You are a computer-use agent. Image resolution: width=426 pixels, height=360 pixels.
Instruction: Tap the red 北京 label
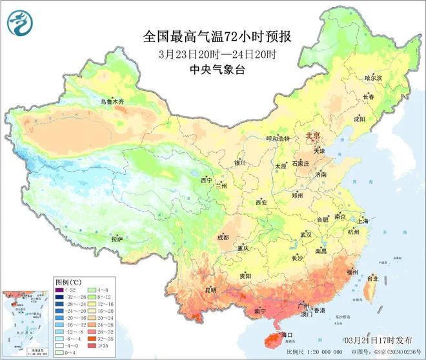point(314,136)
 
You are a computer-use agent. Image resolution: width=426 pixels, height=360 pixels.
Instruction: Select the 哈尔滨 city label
point(373,77)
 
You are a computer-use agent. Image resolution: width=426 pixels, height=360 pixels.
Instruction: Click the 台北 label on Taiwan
point(372,279)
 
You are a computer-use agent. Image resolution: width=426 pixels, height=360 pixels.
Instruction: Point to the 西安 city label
point(261,202)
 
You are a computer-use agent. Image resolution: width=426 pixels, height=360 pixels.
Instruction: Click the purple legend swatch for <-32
point(60,291)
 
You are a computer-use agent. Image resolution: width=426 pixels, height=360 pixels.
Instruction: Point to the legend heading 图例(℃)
point(68,283)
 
